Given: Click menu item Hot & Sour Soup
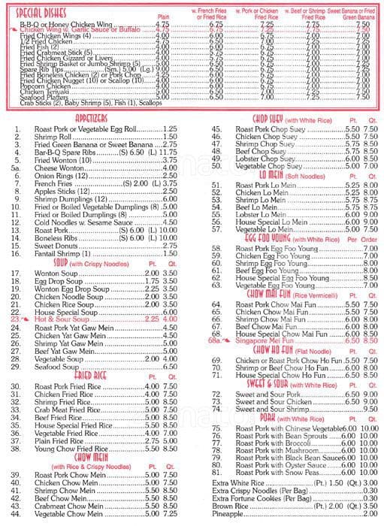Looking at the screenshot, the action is click(x=62, y=319).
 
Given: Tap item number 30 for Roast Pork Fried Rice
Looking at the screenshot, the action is click(x=16, y=385).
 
